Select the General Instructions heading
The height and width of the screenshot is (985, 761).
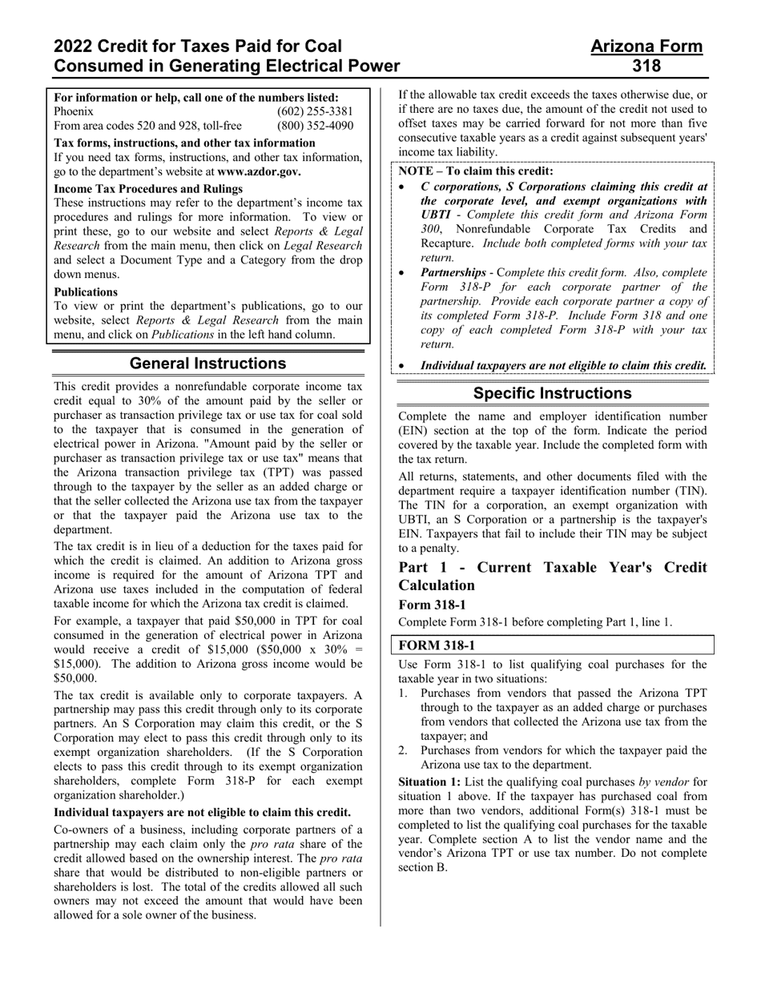tap(207, 364)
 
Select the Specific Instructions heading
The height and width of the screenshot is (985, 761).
tap(552, 393)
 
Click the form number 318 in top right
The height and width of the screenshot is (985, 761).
tap(646, 66)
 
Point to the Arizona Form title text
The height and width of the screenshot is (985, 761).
tap(646, 46)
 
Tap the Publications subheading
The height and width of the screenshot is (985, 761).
tap(86, 291)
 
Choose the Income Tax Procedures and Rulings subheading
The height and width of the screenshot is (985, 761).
tap(148, 189)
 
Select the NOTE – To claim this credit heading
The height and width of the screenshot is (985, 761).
tap(476, 171)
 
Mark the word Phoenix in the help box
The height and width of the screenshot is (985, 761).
tap(74, 111)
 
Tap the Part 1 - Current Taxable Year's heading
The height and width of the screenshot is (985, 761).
tap(552, 568)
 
